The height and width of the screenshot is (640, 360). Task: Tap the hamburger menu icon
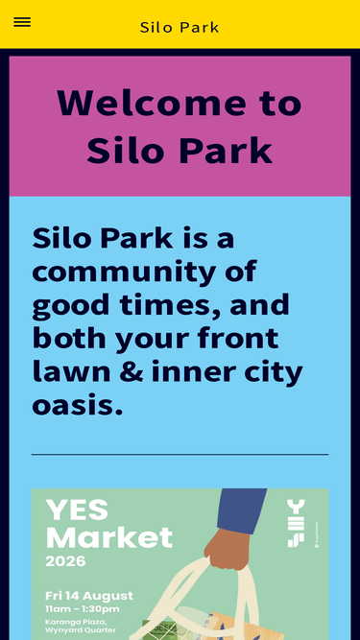tap(22, 22)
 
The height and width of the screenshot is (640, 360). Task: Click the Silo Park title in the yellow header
tap(180, 28)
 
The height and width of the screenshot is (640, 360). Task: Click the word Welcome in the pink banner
tap(152, 103)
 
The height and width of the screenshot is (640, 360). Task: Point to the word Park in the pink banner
tap(226, 150)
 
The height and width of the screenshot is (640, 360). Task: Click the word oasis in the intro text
tap(77, 406)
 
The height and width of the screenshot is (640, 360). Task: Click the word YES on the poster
tap(77, 510)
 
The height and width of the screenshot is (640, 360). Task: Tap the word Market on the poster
tap(109, 537)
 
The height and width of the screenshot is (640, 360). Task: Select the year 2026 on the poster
tap(65, 561)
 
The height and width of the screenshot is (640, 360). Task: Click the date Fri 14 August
tap(89, 596)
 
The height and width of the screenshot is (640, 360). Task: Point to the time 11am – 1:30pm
tap(83, 609)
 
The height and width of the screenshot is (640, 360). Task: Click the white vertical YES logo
tap(296, 523)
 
